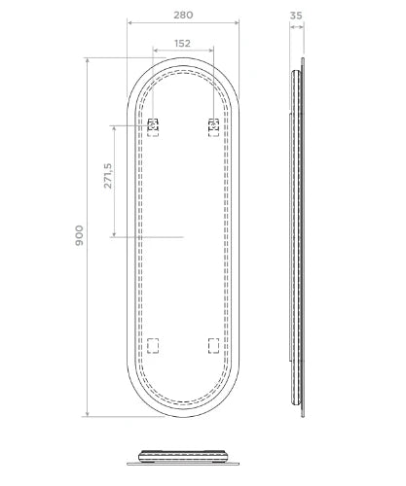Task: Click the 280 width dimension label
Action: click(183, 15)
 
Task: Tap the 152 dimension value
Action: click(182, 43)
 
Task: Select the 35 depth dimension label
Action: click(296, 16)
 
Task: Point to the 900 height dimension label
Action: click(79, 235)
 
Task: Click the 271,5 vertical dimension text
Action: click(108, 176)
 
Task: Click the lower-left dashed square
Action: click(153, 346)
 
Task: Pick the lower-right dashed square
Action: click(213, 346)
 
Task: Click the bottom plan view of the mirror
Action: click(183, 458)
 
